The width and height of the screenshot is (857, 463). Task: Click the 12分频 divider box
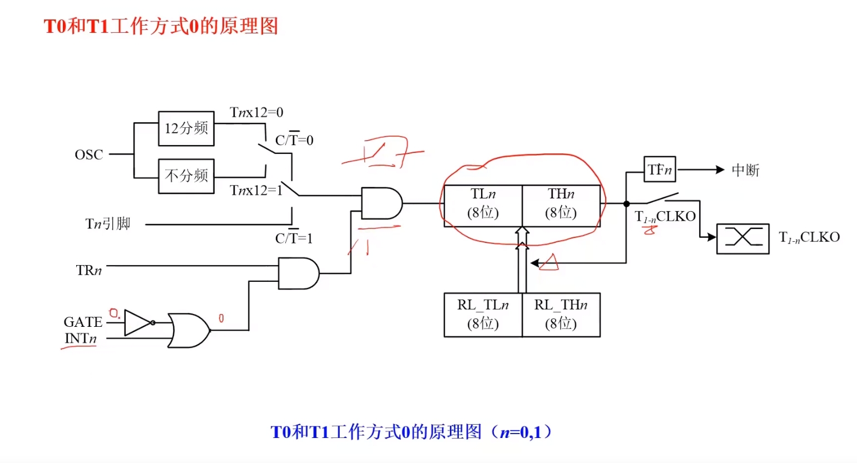tap(186, 128)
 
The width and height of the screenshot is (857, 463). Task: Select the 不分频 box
tap(186, 176)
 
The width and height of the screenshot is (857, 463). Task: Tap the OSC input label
tap(89, 155)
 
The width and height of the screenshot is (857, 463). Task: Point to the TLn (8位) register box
tap(483, 204)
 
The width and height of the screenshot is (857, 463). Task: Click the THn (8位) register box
tap(561, 204)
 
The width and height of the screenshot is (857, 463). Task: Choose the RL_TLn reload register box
tap(483, 315)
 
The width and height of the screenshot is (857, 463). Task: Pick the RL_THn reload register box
tap(561, 315)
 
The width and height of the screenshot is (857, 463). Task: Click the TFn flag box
tap(660, 170)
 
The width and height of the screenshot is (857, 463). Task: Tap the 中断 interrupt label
tap(745, 170)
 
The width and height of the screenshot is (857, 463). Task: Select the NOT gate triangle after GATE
tap(136, 322)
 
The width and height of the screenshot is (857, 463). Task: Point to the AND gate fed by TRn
tap(298, 273)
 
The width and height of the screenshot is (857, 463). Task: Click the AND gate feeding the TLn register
tap(381, 203)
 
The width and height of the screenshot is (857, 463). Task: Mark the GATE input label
tap(83, 322)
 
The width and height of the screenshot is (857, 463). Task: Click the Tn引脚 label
tap(108, 224)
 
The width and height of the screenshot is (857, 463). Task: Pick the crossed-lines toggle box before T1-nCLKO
tap(742, 238)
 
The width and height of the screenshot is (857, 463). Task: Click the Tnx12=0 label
tap(256, 113)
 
